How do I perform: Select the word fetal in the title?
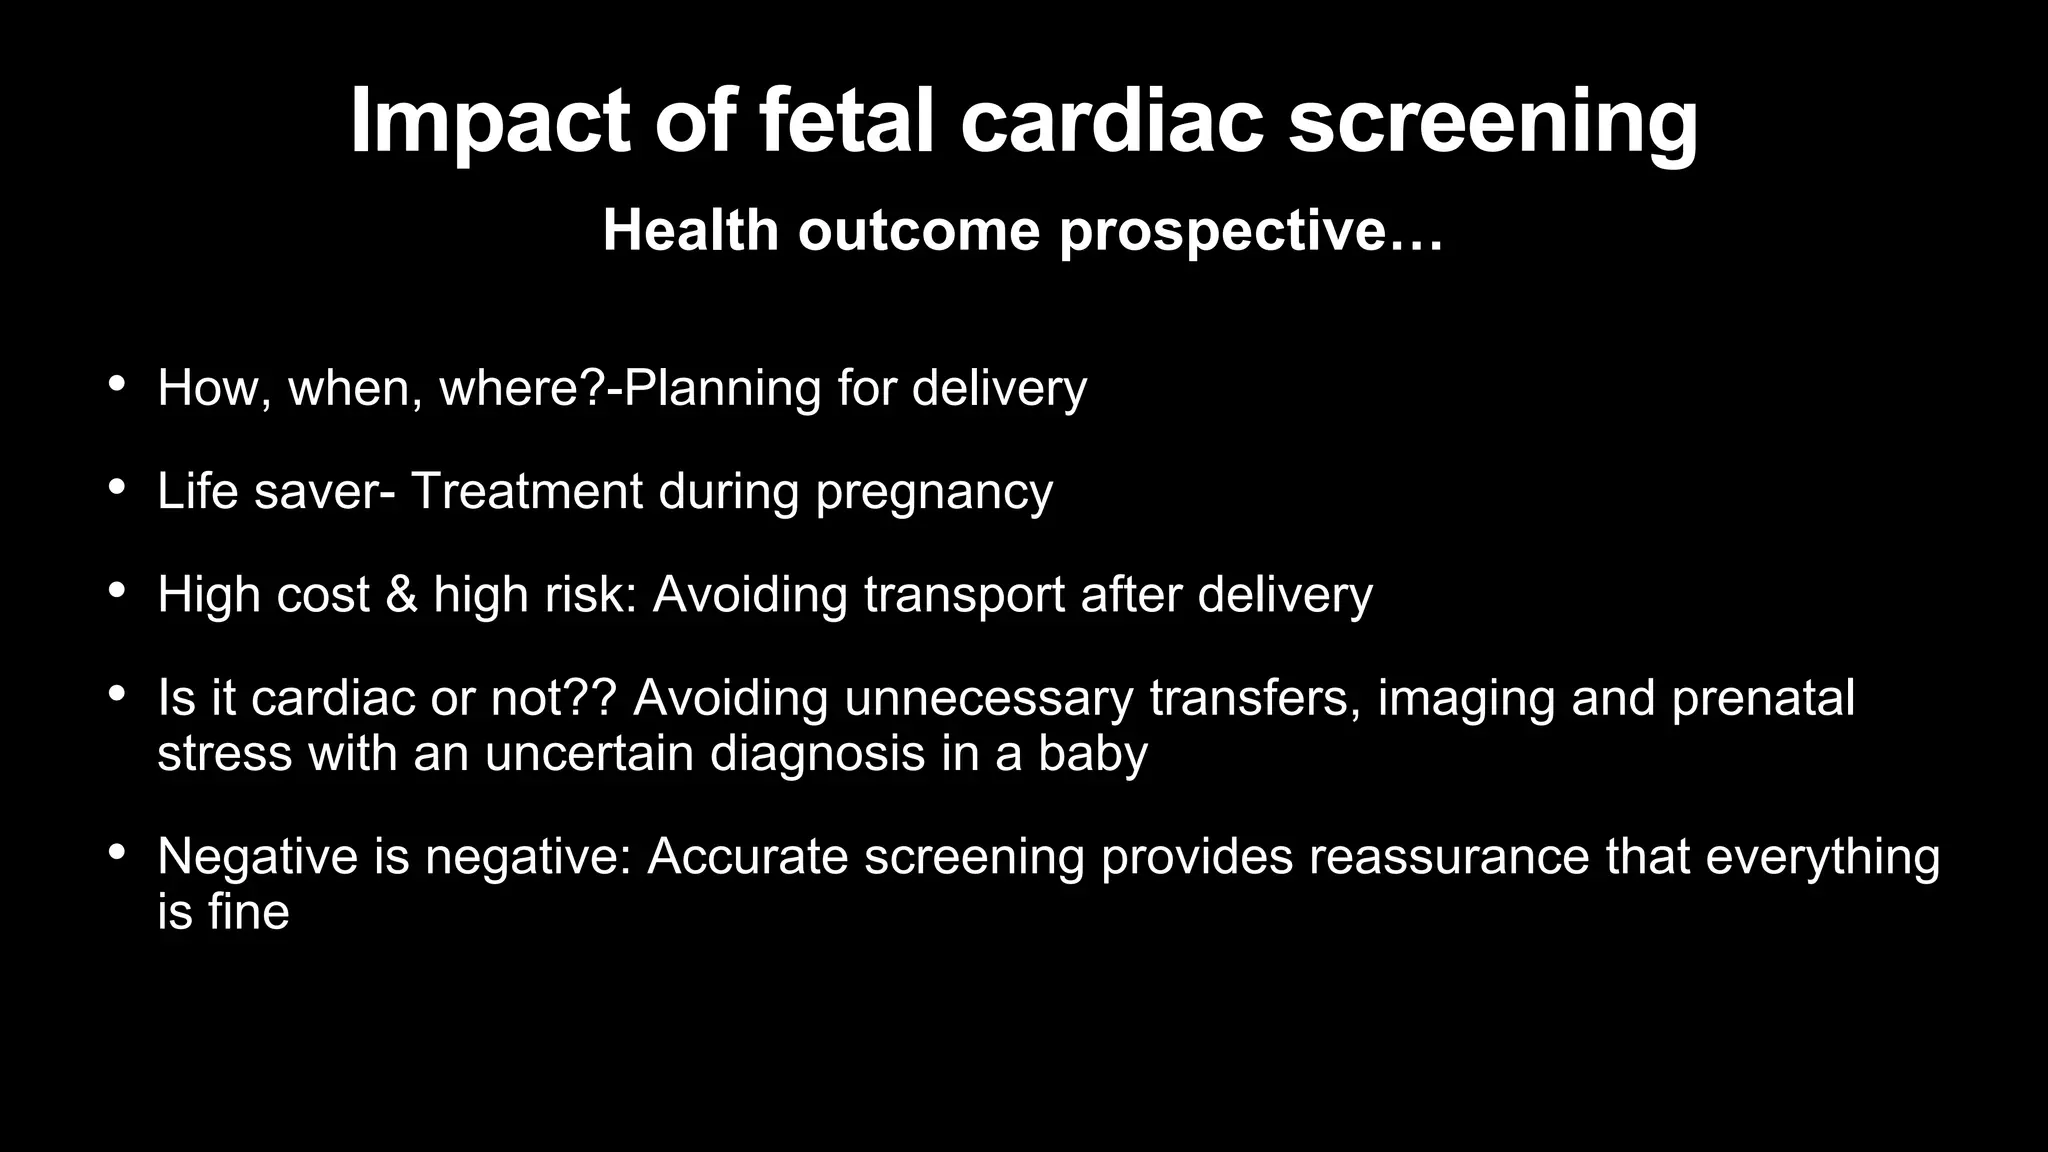(846, 120)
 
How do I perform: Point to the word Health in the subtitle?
(690, 231)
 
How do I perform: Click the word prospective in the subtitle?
(1250, 232)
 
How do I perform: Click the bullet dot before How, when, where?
(117, 384)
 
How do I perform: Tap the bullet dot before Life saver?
(117, 487)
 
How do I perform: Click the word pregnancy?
(934, 493)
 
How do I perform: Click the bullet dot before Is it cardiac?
(117, 693)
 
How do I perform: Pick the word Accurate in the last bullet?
(747, 857)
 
